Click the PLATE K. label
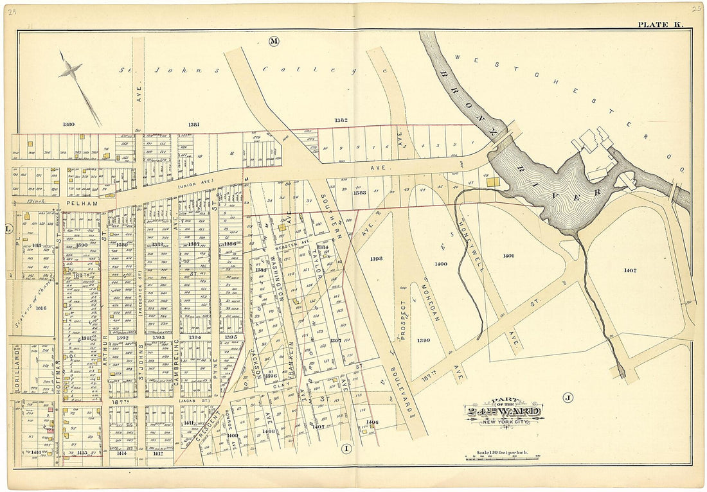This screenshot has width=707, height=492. click(x=660, y=24)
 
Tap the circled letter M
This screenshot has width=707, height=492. click(x=274, y=42)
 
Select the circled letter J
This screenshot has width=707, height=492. click(x=568, y=398)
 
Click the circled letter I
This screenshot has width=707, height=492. click(x=346, y=448)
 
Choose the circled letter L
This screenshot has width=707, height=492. click(x=8, y=229)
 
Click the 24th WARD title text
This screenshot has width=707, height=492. click(x=505, y=412)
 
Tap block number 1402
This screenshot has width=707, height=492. click(x=630, y=270)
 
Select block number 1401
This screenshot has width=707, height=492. click(x=508, y=256)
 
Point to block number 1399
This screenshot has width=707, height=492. click(x=423, y=340)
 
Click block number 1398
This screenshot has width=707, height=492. click(x=377, y=258)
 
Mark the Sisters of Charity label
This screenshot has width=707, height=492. click(x=33, y=301)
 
